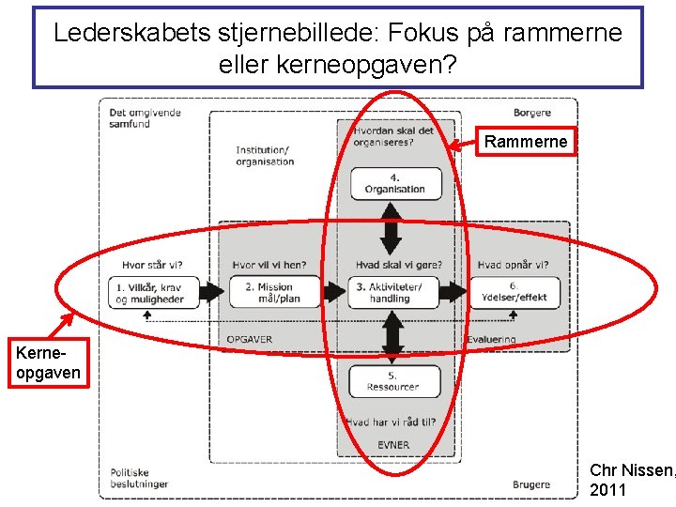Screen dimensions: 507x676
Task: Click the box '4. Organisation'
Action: click(x=394, y=183)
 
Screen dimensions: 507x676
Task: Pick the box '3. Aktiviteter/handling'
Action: click(x=394, y=293)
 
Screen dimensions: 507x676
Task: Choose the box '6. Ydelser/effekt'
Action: click(x=515, y=293)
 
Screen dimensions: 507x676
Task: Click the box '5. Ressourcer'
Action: click(x=394, y=380)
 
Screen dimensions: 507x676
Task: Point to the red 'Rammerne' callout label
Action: click(x=525, y=142)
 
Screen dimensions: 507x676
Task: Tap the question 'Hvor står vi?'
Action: click(x=152, y=265)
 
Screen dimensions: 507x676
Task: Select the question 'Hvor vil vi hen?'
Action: click(x=269, y=265)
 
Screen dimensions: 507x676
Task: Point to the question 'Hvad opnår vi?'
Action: click(x=513, y=265)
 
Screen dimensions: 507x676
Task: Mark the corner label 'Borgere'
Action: click(x=532, y=113)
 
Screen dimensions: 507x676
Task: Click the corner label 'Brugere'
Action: click(x=531, y=484)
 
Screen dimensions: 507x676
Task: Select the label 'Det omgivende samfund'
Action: click(x=145, y=118)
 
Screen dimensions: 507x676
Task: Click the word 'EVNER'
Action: click(x=394, y=445)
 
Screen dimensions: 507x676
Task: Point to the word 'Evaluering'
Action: click(x=491, y=339)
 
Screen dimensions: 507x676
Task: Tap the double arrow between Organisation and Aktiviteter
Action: click(x=392, y=226)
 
